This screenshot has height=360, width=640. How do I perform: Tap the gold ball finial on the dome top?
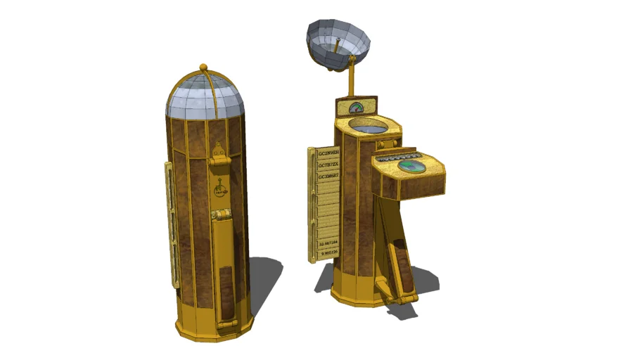click(204, 67)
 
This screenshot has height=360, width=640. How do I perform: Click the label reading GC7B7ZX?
click(328, 165)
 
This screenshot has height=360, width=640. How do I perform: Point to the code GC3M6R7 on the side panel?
click(328, 176)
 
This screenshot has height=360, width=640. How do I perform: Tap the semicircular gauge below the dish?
click(356, 108)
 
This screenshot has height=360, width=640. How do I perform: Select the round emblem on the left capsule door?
click(220, 188)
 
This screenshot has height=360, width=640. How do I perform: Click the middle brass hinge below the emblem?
click(221, 214)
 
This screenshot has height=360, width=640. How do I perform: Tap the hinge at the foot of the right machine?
click(385, 287)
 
